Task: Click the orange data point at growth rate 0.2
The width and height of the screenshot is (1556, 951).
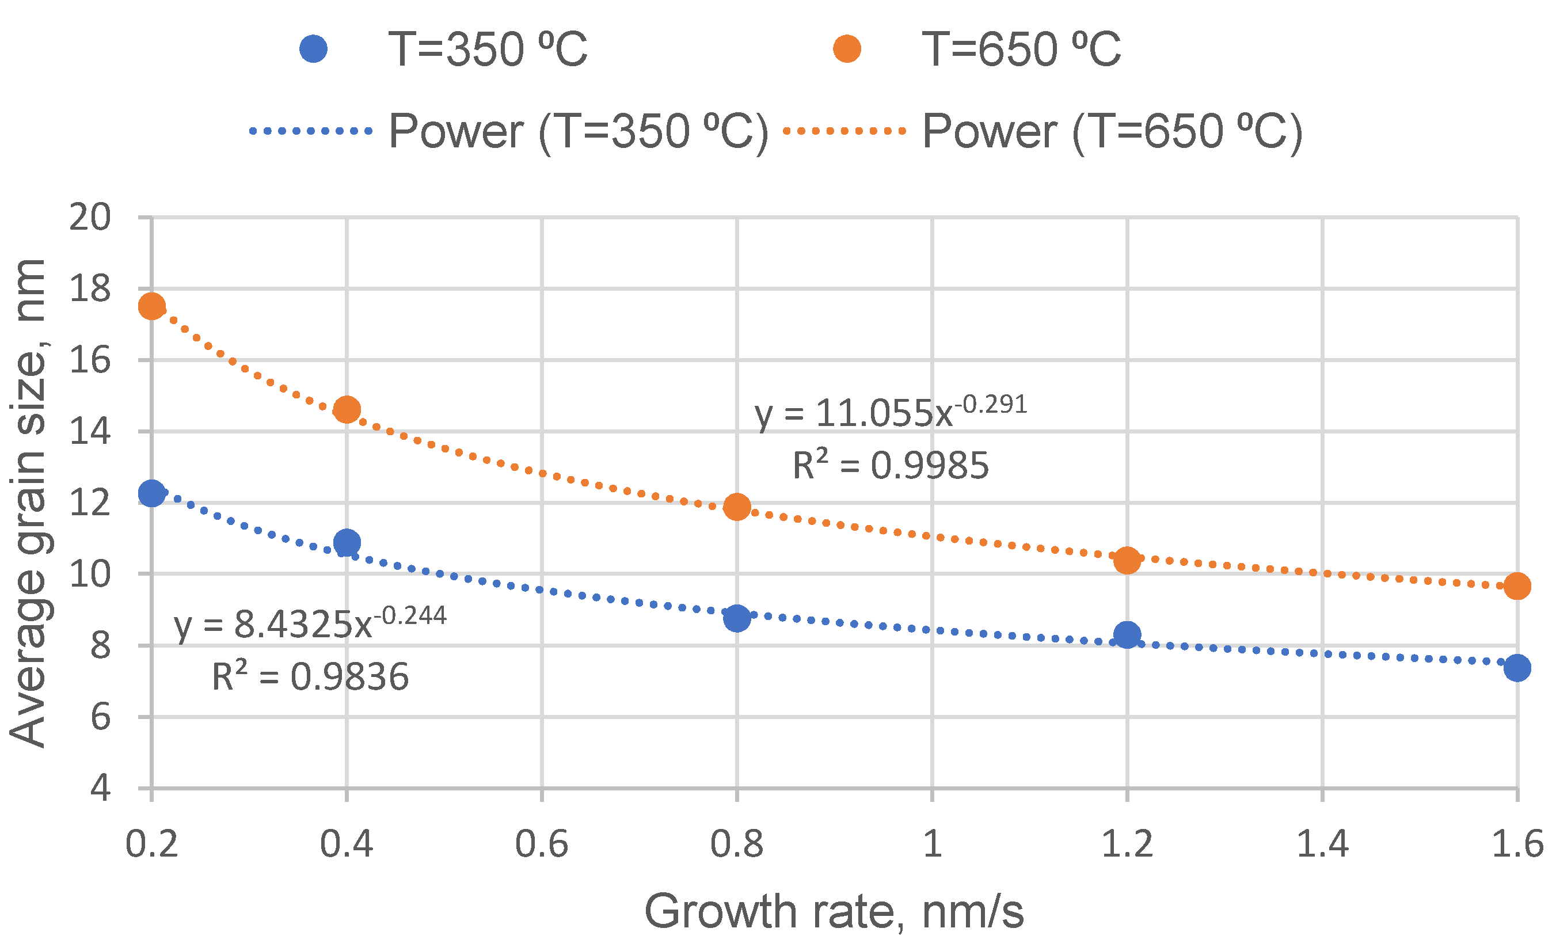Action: coord(151,307)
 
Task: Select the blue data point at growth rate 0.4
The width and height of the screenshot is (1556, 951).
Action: coord(347,542)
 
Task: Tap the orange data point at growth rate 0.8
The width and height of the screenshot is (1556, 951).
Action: coord(737,507)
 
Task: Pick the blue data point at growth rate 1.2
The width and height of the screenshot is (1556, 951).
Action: coord(1127,634)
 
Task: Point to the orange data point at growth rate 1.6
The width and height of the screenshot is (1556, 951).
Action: coord(1517,586)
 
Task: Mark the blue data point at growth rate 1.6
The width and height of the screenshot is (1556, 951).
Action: coord(1517,667)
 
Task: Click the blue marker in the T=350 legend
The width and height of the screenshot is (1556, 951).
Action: coord(313,48)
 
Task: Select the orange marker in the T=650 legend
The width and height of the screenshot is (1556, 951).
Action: coord(847,48)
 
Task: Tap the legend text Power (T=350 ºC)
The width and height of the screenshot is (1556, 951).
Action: coord(579,131)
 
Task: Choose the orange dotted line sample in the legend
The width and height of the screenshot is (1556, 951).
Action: coord(844,131)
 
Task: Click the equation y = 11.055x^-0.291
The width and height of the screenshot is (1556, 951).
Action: coord(891,413)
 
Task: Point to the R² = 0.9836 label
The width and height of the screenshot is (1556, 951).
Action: coord(310,677)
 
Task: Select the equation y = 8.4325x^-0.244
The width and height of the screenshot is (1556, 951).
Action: coord(310,625)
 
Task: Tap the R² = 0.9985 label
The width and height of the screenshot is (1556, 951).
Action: coord(891,466)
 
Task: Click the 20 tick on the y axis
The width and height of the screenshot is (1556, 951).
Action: coord(90,218)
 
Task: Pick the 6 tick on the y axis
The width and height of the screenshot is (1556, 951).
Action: coord(100,717)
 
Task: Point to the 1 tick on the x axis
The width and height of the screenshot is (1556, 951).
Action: coord(933,845)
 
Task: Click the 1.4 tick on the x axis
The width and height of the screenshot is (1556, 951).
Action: coord(1322,845)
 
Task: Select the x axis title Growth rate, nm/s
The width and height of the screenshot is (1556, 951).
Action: coord(834,912)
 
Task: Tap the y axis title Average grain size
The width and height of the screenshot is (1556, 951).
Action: coord(28,503)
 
